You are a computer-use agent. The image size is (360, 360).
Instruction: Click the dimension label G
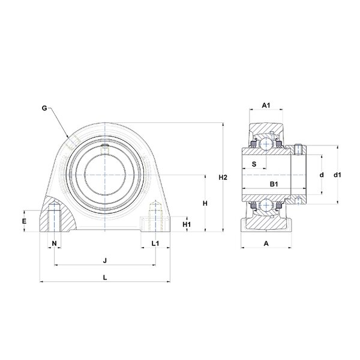pos(44,108)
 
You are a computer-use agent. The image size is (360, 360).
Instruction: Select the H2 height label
pos(223,177)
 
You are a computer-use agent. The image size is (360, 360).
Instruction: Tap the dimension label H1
pos(187,224)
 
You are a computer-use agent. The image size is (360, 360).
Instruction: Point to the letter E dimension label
pos(24,221)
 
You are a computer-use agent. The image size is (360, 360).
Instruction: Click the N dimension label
pos(54,243)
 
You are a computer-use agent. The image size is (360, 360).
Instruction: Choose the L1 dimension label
pos(155,243)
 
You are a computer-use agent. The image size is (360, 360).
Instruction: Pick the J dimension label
pos(105,260)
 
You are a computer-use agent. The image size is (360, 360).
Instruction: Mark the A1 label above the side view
pos(266,106)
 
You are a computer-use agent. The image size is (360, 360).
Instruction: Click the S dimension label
pos(254,164)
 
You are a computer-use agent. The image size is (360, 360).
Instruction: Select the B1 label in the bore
pos(274,184)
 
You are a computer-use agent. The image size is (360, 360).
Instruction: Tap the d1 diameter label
pos(337,175)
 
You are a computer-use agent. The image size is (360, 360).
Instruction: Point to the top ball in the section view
pos(266,144)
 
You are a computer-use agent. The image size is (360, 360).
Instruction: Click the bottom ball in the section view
pos(266,205)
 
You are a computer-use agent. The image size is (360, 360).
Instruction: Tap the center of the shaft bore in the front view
pos(105,175)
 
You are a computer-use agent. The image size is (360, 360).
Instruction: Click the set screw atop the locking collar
pos(298,149)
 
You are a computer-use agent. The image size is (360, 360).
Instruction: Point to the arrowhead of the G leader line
pos(68,137)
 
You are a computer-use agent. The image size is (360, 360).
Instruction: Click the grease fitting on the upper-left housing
pos(73,143)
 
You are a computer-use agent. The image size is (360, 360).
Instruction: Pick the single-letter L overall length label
pos(105,278)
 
